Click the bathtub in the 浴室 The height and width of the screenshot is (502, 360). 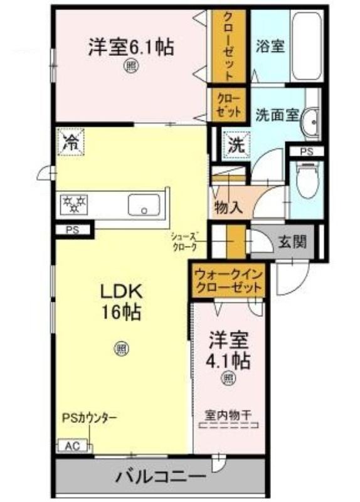click(307, 46)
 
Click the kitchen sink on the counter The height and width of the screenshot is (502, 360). click(144, 205)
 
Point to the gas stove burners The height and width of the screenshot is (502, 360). click(74, 204)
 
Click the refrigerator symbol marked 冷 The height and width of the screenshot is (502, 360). click(71, 142)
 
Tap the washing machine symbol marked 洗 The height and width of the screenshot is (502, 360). click(236, 146)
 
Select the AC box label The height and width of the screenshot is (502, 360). click(73, 446)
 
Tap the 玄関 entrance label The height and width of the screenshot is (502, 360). click(292, 242)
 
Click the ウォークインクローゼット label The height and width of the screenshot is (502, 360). click(228, 280)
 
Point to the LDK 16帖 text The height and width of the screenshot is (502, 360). click(121, 301)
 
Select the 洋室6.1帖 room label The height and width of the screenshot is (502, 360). click(131, 47)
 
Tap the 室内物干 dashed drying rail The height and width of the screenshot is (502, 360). click(228, 425)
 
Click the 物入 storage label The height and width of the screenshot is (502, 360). click(229, 208)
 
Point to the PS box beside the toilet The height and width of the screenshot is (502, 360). click(307, 151)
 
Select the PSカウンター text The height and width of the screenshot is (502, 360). click(89, 417)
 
